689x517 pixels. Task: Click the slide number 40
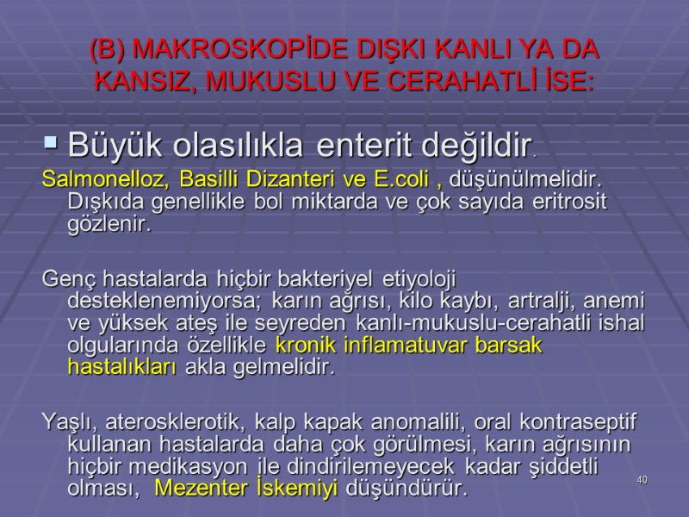(642, 479)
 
